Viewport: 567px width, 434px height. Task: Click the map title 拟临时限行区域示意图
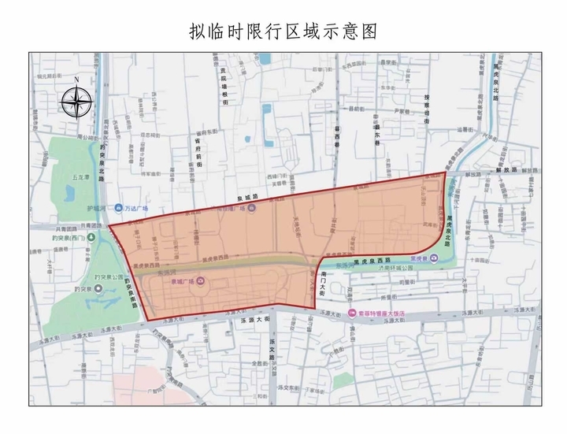[283, 31]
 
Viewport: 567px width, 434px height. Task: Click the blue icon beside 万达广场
[118, 209]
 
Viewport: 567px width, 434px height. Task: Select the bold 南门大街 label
[324, 281]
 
